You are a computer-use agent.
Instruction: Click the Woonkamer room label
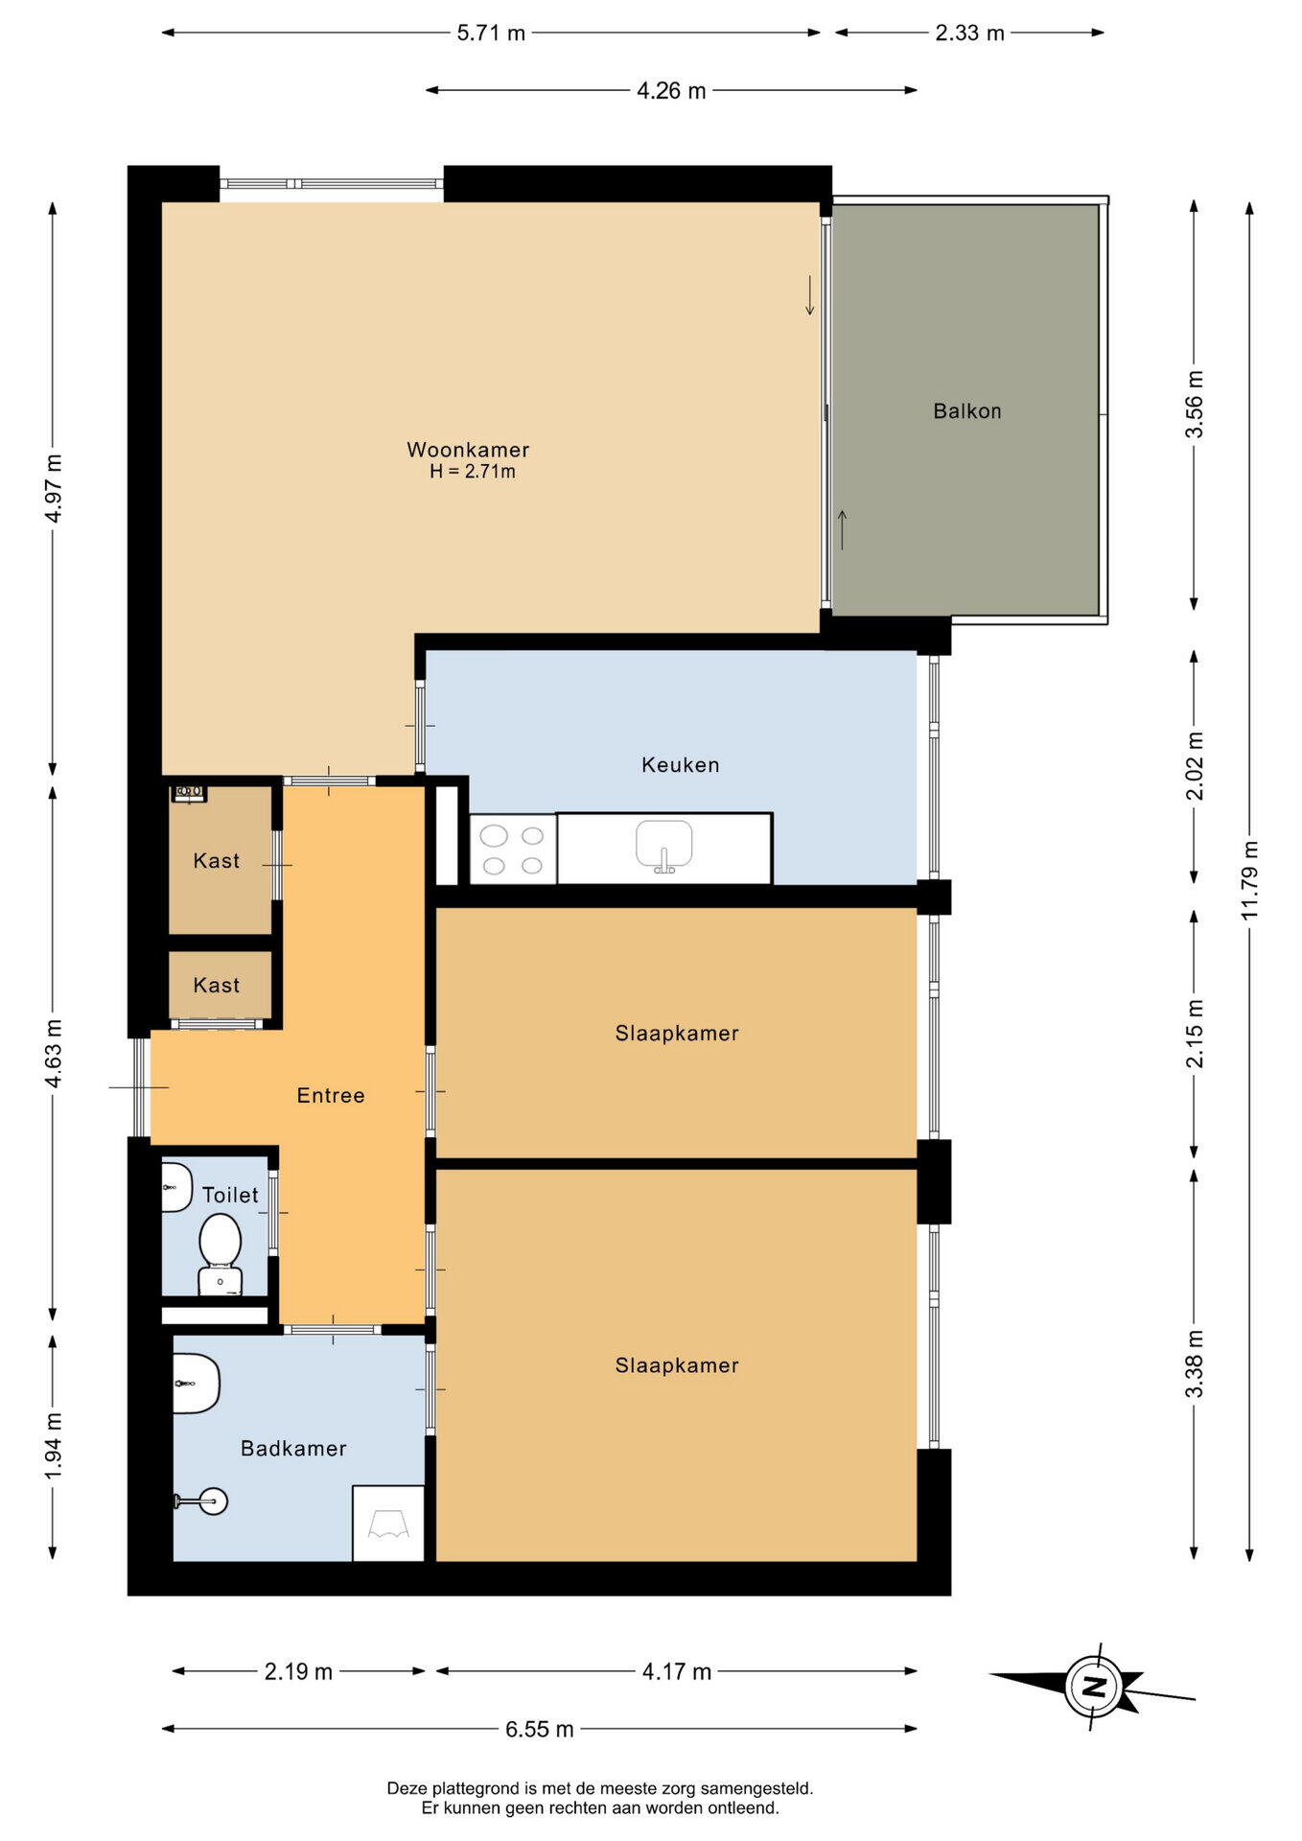click(468, 450)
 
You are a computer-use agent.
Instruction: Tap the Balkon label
click(967, 411)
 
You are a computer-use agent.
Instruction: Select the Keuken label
click(681, 765)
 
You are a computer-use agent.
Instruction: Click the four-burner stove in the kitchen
click(513, 850)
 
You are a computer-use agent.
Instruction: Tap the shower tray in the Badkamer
click(388, 1524)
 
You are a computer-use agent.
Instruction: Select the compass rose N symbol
click(1093, 1687)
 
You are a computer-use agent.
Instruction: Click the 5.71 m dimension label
click(491, 34)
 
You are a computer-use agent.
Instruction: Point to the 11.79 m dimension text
click(1249, 880)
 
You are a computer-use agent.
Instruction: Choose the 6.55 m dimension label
click(540, 1729)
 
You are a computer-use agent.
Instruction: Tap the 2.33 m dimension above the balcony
click(970, 34)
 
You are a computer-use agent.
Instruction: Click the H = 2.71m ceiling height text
click(473, 472)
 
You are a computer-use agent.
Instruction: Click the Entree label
click(331, 1096)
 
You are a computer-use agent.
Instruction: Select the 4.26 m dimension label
click(671, 91)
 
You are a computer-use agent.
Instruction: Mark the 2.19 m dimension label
click(298, 1671)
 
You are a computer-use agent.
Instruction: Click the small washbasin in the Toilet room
click(176, 1187)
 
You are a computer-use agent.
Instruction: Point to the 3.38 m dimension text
click(1195, 1363)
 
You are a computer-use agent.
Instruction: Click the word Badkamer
click(293, 1449)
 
